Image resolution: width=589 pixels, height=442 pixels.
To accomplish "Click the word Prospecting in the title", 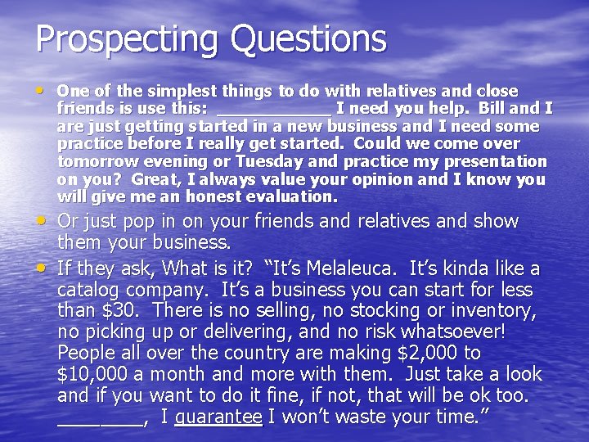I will point(127,38).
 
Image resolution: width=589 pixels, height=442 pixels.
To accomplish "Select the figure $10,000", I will point(90,375).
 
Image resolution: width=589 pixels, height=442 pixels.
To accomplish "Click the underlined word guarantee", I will point(218,417).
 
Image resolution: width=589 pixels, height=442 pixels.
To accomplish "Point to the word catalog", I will point(89,290).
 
